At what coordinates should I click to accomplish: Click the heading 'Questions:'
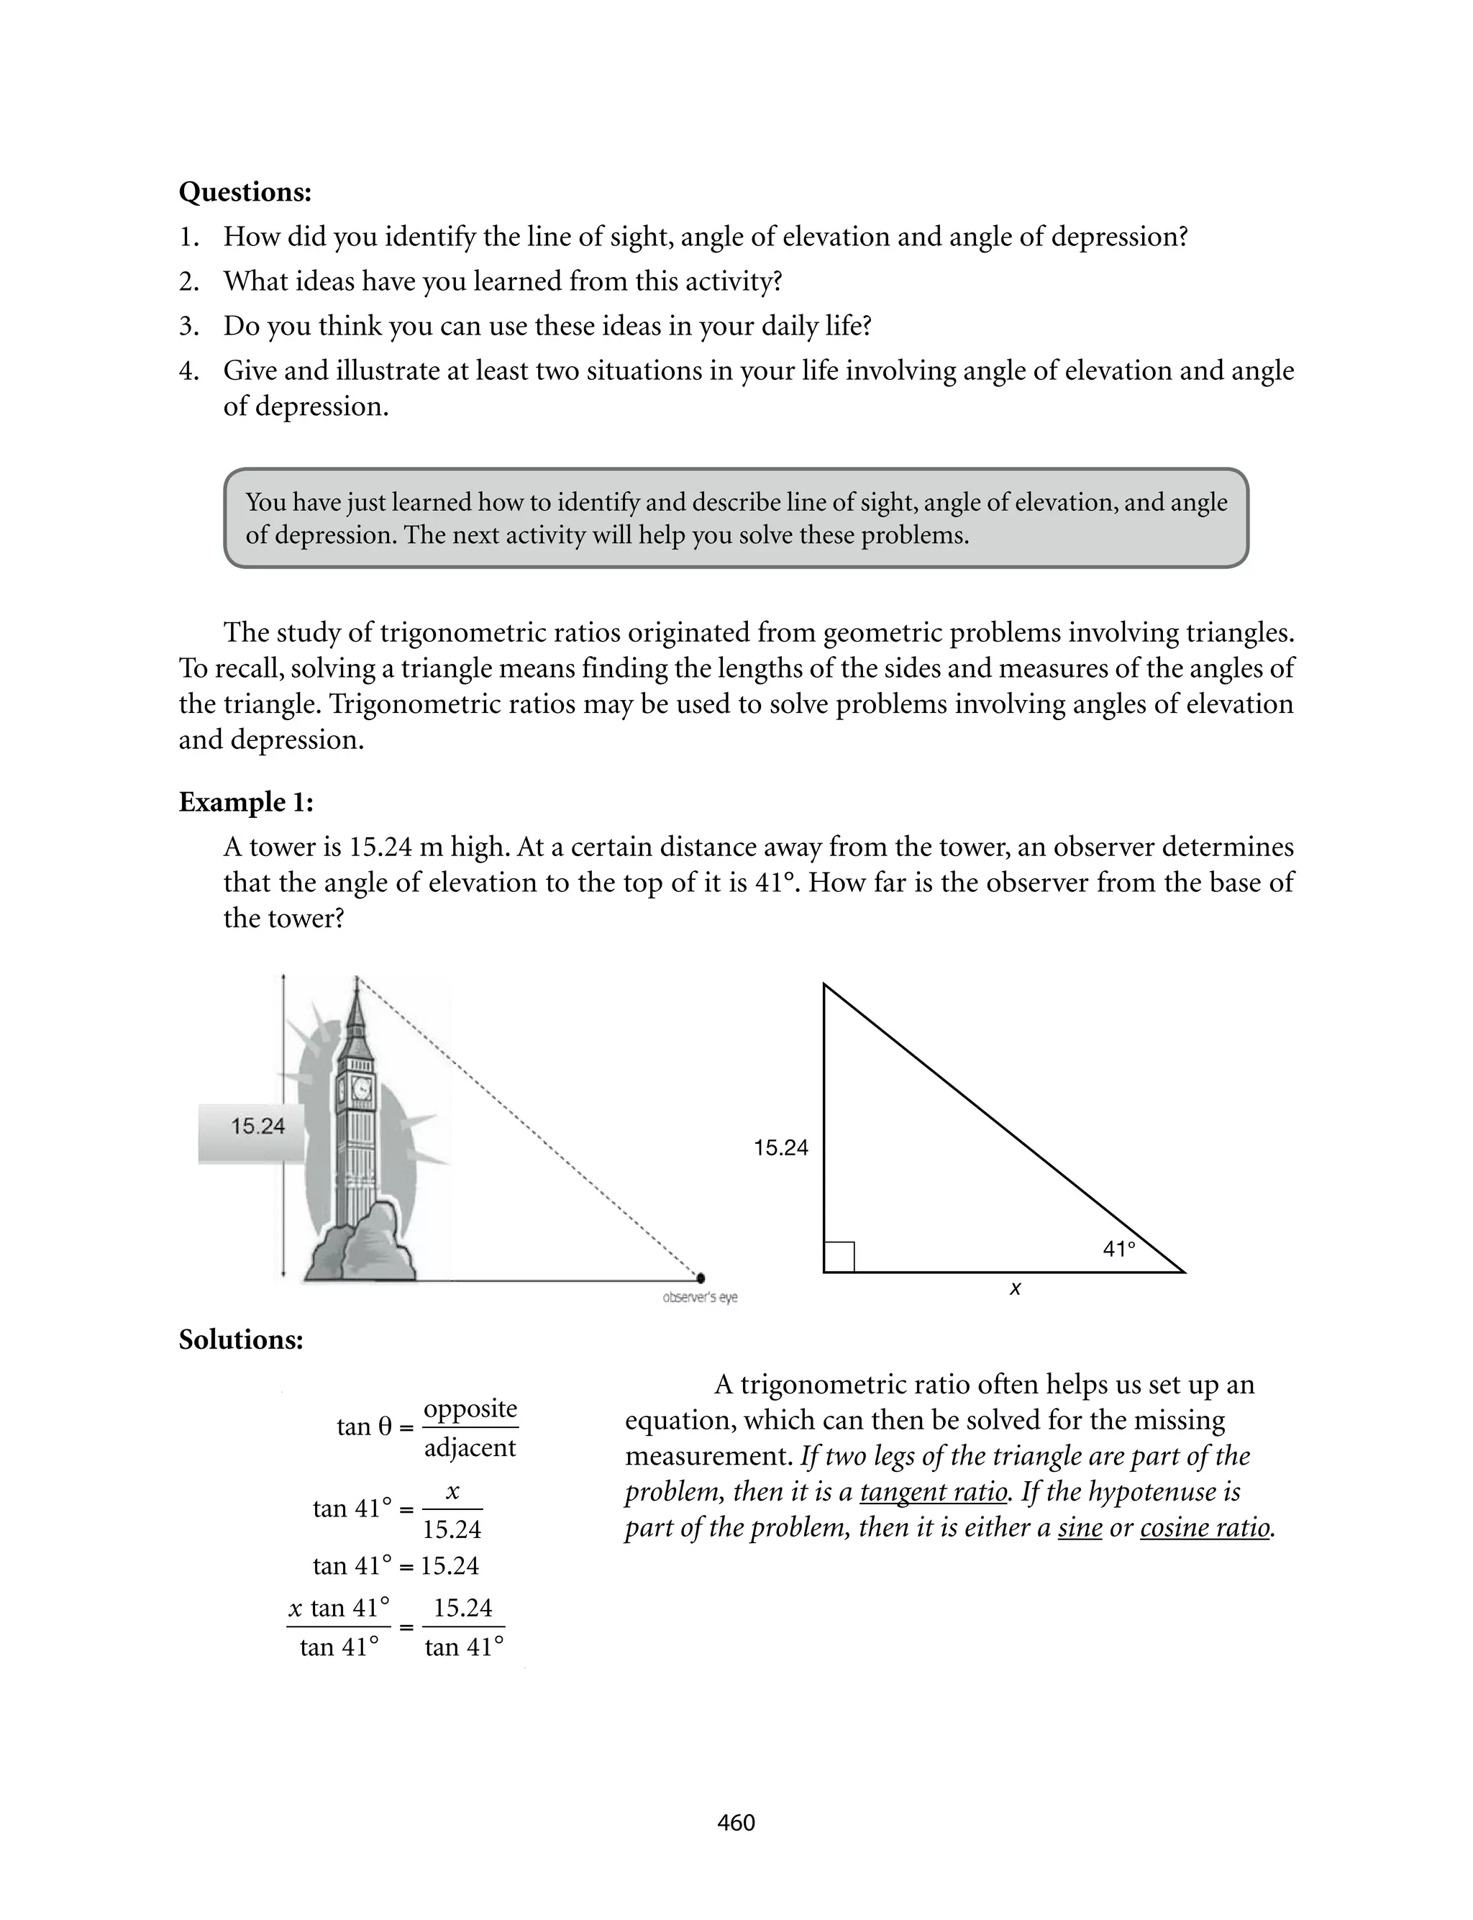(245, 192)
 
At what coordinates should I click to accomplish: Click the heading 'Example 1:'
(245, 802)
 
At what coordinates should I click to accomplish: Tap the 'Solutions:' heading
(240, 1339)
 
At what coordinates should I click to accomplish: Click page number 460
(736, 1823)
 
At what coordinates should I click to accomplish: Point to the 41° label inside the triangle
(1119, 1248)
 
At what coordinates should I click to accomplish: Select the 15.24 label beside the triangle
(780, 1147)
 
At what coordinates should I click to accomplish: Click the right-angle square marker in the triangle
(839, 1256)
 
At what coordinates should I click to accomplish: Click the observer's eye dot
(700, 1278)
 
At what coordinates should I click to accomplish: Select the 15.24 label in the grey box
(257, 1127)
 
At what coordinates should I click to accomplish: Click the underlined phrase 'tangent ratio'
(933, 1491)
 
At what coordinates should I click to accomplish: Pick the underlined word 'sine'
(1080, 1527)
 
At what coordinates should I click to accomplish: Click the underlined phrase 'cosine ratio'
(1205, 1527)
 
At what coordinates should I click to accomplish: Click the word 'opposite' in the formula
(470, 1409)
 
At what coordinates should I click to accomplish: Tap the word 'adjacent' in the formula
(470, 1447)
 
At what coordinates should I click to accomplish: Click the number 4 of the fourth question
(187, 371)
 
